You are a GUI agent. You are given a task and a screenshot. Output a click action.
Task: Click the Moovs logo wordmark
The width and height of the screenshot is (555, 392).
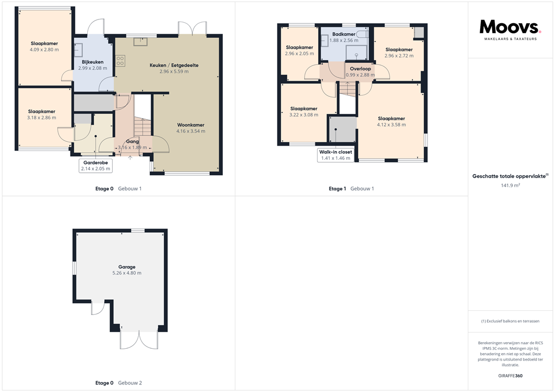(x=510, y=27)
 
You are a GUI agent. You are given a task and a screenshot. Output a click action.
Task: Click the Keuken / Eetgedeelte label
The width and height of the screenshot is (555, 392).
(x=174, y=65)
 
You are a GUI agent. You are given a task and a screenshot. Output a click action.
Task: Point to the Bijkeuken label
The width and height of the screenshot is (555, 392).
(x=93, y=62)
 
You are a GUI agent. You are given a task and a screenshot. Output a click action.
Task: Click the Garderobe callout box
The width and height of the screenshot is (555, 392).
(x=95, y=165)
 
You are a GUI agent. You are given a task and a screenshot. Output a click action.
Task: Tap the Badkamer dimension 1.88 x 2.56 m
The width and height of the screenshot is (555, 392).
(x=344, y=40)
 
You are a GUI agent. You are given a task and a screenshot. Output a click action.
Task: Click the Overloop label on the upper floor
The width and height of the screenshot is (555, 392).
(x=360, y=69)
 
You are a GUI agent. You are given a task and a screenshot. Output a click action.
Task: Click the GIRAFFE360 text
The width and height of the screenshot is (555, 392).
(x=510, y=376)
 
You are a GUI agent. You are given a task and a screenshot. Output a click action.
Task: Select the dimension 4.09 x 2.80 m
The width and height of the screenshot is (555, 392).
(x=44, y=49)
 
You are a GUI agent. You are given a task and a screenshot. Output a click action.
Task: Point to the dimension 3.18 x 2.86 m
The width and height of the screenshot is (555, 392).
(x=42, y=117)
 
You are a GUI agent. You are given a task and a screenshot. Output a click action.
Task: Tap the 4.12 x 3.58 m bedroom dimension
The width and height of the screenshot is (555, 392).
(x=391, y=125)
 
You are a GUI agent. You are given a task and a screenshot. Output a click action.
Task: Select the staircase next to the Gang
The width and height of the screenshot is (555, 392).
(x=143, y=128)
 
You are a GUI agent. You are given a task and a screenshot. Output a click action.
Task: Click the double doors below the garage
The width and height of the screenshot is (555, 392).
(x=139, y=339)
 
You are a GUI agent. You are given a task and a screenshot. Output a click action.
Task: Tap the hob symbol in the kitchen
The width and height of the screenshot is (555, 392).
(x=120, y=61)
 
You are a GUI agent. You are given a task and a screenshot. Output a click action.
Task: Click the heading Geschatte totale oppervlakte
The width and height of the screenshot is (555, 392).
(x=509, y=176)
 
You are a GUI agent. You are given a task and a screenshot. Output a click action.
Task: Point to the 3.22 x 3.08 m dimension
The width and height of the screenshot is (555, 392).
(x=304, y=115)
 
